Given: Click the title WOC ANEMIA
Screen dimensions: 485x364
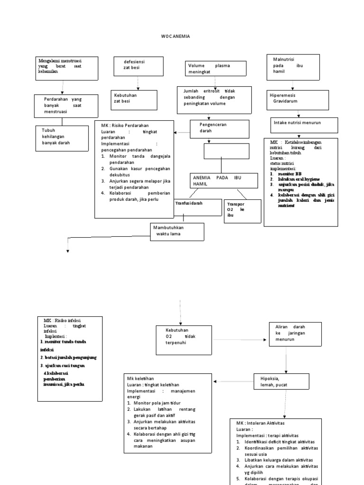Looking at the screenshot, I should coord(175,36).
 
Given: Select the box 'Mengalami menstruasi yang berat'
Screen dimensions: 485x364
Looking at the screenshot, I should coord(67,68).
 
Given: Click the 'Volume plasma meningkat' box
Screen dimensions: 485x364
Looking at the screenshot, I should coord(216,68).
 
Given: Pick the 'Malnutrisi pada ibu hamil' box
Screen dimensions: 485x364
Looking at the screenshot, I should coord(293,68).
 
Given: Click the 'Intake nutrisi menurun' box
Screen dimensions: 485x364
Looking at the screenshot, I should coord(304,125).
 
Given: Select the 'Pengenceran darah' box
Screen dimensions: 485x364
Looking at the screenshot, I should coord(219,128).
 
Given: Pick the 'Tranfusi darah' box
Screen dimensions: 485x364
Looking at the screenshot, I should coord(191,207).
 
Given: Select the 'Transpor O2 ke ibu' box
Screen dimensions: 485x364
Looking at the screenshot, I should coord(242,211).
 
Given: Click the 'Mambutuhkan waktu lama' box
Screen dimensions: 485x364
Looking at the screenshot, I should coord(177,231).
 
